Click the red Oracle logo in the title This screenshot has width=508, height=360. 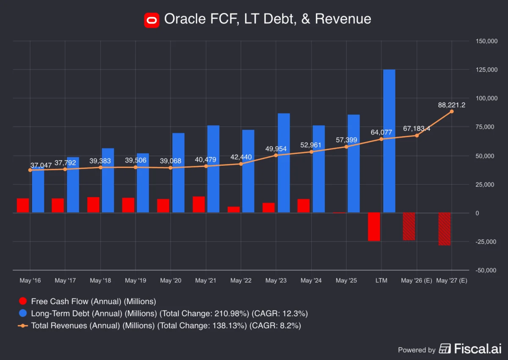coord(152,19)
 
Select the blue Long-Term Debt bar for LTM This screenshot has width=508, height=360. coord(389,141)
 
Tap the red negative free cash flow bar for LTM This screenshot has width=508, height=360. coord(374,227)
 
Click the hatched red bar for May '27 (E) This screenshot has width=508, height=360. coord(444,229)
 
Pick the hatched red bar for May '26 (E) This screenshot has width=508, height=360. coord(409,226)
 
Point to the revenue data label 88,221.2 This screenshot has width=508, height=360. coord(451,105)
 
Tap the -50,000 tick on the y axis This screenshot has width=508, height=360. coord(481,270)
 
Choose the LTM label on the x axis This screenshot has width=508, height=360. coord(381,280)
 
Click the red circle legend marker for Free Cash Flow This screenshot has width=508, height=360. coord(23,302)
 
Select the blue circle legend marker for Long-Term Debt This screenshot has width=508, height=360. coord(23,313)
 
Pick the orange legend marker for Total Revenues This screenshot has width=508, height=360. coord(23,325)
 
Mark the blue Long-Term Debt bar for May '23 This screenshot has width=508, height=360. coord(284,163)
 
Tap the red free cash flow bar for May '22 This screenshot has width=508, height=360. coord(234,209)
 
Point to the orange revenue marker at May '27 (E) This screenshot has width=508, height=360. coord(452,111)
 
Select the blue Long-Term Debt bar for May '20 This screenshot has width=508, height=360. coord(178,173)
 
